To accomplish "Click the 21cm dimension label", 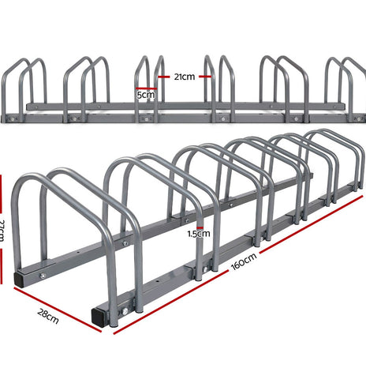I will (183, 77).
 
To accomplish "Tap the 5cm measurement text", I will (145, 95).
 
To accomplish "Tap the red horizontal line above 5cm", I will (144, 88).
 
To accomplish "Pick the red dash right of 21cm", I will (204, 77).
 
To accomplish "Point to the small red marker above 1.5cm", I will (200, 225).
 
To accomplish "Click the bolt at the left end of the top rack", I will (13, 120).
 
